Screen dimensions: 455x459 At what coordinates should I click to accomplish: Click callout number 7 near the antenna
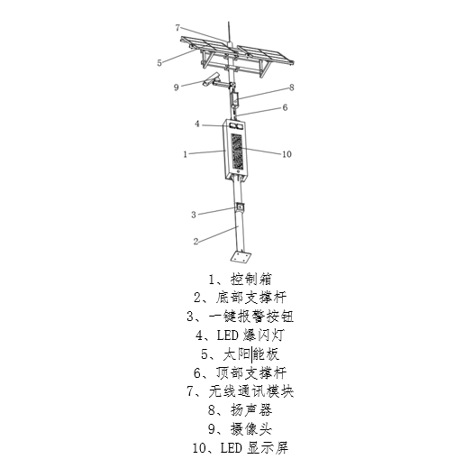click(x=177, y=28)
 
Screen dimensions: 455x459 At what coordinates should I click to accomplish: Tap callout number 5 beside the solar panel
click(x=159, y=63)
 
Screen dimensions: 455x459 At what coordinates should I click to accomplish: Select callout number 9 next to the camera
click(x=177, y=87)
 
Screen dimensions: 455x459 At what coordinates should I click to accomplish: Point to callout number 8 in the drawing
click(x=291, y=87)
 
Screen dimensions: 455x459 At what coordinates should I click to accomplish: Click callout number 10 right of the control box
click(x=287, y=154)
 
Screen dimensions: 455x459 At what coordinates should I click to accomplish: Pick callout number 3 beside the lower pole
click(x=194, y=215)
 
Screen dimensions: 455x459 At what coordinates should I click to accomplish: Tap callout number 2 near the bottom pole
click(x=196, y=241)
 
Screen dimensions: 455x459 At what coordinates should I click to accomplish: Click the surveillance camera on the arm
click(x=211, y=79)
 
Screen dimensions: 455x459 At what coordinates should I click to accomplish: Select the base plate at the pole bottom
click(x=242, y=257)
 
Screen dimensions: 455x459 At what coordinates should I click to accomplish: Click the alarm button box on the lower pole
click(x=240, y=207)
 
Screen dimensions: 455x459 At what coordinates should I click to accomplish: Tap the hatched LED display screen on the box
click(x=237, y=151)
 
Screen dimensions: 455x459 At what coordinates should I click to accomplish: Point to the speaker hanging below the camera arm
click(x=234, y=99)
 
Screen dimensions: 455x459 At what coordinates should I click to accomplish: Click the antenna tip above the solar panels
click(x=229, y=22)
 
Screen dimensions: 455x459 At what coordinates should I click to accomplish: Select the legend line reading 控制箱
click(x=241, y=279)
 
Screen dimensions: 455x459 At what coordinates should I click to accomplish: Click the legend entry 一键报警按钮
click(x=241, y=317)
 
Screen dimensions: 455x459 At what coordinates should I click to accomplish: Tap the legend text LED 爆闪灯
click(x=241, y=335)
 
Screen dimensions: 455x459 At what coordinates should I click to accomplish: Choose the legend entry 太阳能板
click(x=241, y=354)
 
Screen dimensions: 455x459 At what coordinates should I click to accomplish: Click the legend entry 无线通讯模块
click(x=241, y=391)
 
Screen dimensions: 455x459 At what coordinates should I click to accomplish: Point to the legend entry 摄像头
click(x=241, y=429)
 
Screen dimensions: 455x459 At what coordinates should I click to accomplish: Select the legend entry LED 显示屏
click(x=241, y=448)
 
